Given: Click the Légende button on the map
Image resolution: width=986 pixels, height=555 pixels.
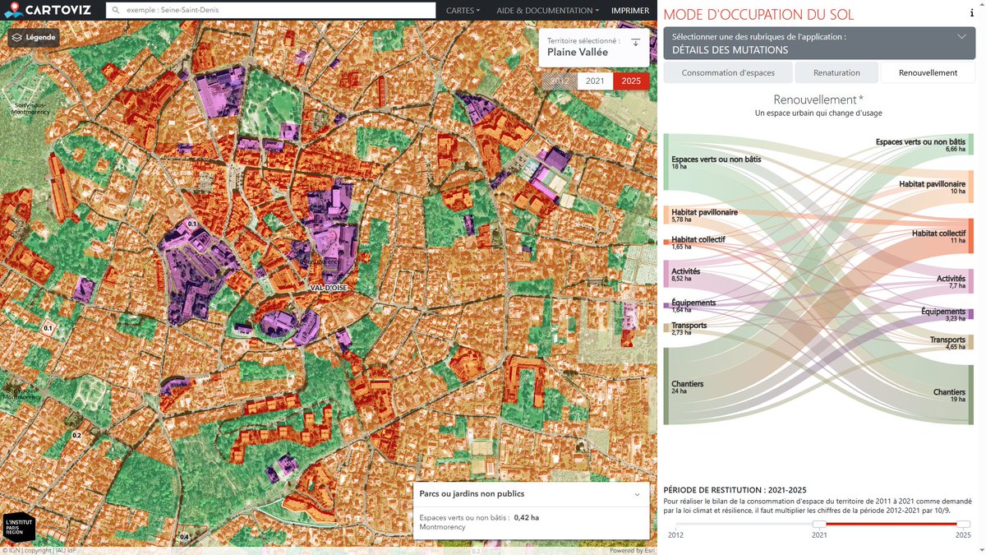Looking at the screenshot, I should click(x=34, y=38).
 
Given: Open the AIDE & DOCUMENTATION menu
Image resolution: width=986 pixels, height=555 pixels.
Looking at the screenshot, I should click(x=547, y=11).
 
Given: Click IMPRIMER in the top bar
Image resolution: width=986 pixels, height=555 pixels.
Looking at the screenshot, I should click(x=630, y=11).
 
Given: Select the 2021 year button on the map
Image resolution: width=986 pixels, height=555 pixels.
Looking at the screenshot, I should click(x=595, y=81).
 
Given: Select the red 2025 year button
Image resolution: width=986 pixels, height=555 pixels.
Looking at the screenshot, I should click(x=631, y=81).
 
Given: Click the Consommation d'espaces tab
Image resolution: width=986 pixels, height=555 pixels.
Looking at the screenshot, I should click(x=728, y=72).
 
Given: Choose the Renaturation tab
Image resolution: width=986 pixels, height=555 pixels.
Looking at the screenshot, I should click(x=836, y=72).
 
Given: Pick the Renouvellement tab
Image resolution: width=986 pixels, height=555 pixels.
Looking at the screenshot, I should click(x=928, y=72).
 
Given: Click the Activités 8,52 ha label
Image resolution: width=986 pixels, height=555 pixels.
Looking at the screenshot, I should click(x=686, y=274).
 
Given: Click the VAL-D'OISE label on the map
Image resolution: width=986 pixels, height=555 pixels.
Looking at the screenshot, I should click(x=329, y=288).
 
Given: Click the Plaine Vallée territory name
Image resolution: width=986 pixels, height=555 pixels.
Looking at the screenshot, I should click(x=578, y=52).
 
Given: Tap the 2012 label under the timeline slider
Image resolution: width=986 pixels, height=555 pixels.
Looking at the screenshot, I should click(x=675, y=534).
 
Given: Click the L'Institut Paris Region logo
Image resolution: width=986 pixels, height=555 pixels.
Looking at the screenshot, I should click(x=19, y=526).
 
